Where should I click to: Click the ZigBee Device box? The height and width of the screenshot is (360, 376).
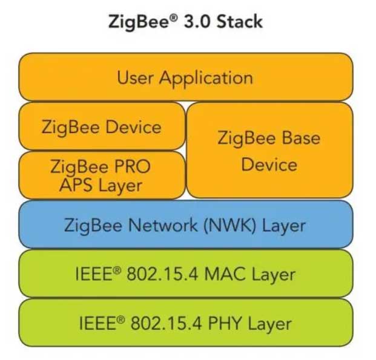pos(102,126)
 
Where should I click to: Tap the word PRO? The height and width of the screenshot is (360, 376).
pos(132,165)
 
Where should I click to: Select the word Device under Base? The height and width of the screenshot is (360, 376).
pos(269,165)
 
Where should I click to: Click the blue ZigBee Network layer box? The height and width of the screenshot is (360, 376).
pos(185,225)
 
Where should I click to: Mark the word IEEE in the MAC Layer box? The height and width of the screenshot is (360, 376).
pos(93,274)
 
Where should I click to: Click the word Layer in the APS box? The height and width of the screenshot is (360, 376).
pos(120,185)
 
